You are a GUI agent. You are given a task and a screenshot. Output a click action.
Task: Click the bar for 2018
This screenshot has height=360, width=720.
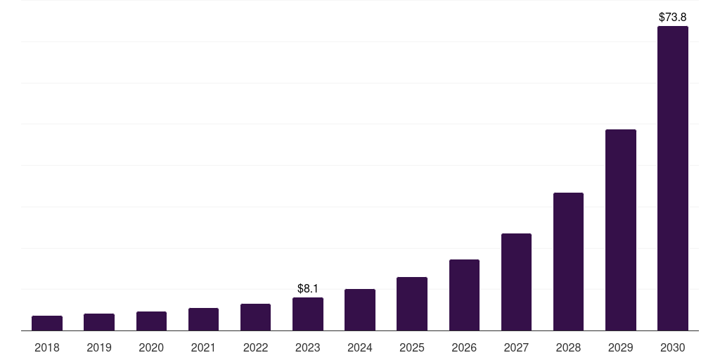[x=47, y=323]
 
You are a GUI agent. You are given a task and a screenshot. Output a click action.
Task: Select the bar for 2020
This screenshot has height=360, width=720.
[x=151, y=321]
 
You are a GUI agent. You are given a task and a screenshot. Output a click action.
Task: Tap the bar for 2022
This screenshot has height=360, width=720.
[x=255, y=317]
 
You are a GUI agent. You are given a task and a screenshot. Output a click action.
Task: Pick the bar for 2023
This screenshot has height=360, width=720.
[x=308, y=314]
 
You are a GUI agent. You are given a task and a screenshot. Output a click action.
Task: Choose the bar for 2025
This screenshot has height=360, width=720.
[x=412, y=304]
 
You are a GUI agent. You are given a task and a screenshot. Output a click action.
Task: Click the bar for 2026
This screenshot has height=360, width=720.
[x=464, y=295]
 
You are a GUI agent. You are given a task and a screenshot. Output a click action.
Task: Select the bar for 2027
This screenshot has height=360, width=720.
[x=516, y=282]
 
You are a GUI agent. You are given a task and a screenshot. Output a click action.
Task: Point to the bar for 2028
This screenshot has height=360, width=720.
[x=568, y=262]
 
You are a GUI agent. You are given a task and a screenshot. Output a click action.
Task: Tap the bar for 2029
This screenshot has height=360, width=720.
[x=620, y=230]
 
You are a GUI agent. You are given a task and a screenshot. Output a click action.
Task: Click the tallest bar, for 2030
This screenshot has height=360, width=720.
[x=673, y=179]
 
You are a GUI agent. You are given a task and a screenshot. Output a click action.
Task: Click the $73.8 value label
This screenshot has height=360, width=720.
[x=673, y=16]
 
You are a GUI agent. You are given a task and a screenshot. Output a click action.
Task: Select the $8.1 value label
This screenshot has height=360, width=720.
[x=308, y=288]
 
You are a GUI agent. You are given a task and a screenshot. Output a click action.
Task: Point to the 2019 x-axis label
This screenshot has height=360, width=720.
[x=99, y=347]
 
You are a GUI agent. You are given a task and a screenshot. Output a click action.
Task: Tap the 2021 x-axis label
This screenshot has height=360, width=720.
[x=203, y=347]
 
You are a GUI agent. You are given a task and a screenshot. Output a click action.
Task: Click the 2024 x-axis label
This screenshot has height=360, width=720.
[x=360, y=347]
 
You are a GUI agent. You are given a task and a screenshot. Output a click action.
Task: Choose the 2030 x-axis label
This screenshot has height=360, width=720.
[x=673, y=347]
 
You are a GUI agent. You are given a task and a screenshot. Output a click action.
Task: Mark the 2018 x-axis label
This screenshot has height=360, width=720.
[x=47, y=347]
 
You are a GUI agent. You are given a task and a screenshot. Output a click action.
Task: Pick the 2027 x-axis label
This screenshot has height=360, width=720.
[x=516, y=347]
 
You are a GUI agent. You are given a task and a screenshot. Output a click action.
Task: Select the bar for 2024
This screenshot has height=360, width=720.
[x=360, y=310]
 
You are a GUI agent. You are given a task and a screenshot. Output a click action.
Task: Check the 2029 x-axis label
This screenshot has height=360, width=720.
[x=620, y=347]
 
